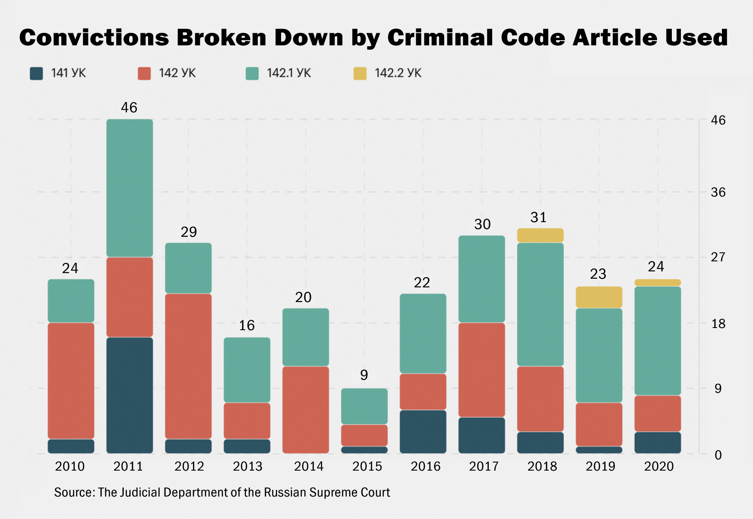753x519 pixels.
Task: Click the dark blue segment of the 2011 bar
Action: click(x=130, y=395)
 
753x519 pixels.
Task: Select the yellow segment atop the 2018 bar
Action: click(x=540, y=236)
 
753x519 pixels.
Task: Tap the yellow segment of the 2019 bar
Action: click(x=599, y=297)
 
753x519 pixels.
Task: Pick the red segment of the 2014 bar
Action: click(x=306, y=410)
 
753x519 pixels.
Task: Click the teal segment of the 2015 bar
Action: click(x=364, y=406)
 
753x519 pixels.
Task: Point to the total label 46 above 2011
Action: click(x=129, y=108)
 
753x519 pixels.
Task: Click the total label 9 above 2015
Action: click(x=364, y=375)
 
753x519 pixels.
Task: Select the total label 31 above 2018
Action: click(x=538, y=217)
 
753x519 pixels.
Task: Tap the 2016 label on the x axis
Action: click(x=425, y=466)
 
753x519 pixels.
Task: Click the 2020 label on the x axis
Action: click(x=658, y=466)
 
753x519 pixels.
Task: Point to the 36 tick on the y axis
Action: click(x=718, y=192)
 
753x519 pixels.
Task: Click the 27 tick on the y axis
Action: click(x=718, y=257)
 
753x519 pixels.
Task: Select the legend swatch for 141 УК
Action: click(x=36, y=73)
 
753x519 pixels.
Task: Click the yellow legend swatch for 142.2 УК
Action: click(x=360, y=73)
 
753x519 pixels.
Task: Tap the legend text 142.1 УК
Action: click(x=288, y=73)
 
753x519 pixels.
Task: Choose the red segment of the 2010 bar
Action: click(x=71, y=380)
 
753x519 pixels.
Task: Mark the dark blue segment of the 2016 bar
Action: click(x=423, y=431)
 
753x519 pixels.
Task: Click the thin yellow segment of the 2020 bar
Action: click(x=658, y=283)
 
